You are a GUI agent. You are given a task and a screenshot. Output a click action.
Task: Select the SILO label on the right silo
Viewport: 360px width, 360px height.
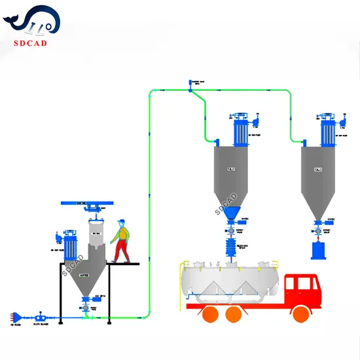coord(318,170)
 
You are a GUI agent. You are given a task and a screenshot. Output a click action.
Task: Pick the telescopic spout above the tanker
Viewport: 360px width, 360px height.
coord(231,247)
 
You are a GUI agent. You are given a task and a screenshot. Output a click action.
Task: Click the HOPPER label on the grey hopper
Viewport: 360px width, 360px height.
coord(84,276)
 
